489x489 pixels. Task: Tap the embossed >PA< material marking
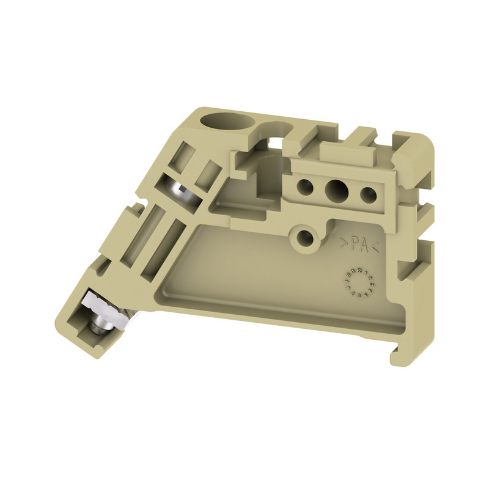(x=359, y=246)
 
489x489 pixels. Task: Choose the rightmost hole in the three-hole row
(x=367, y=195)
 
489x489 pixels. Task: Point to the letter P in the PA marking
(x=354, y=245)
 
